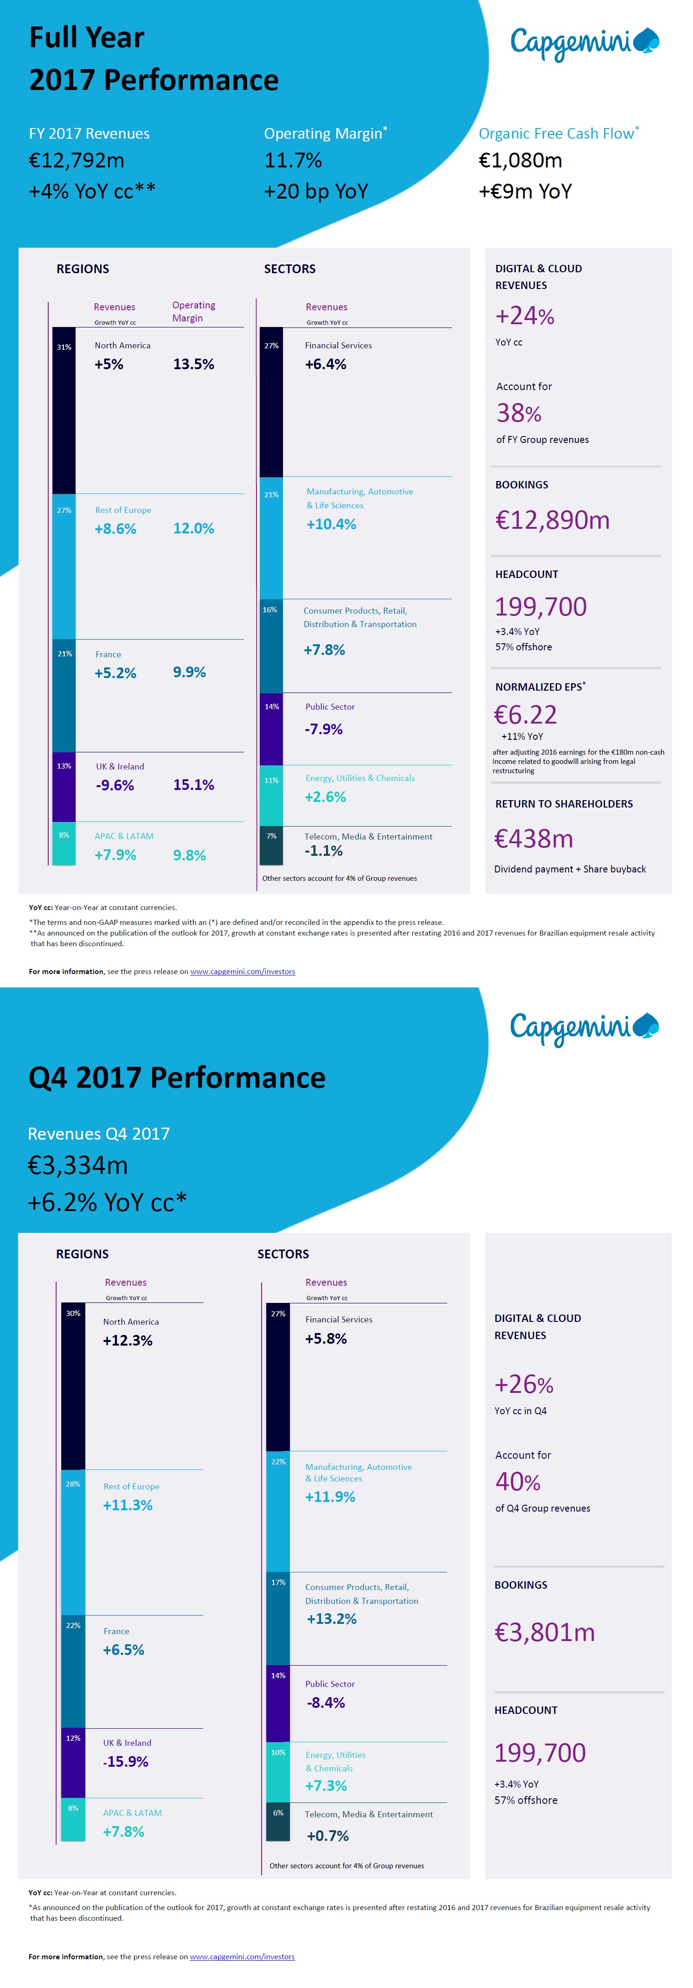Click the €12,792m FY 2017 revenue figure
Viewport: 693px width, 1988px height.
point(77,160)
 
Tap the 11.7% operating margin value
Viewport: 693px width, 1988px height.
point(293,160)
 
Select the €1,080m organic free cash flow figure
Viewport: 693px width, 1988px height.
point(520,160)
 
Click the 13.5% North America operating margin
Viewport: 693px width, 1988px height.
point(194,364)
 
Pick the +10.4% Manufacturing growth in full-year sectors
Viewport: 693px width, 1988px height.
point(331,524)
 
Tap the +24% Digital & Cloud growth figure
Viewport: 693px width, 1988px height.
point(525,316)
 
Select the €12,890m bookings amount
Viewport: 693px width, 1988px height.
point(552,520)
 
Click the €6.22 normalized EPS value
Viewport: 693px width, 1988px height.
point(526,715)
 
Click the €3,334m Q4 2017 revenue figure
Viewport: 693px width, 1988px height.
point(78,1165)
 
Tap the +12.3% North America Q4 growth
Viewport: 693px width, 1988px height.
point(128,1340)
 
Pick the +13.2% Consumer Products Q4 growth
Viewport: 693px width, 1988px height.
point(332,1619)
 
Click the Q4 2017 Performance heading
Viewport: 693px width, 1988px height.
point(177,1077)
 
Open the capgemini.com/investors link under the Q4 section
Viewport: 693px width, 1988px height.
point(242,1956)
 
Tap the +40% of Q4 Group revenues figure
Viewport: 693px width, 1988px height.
point(518,1482)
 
